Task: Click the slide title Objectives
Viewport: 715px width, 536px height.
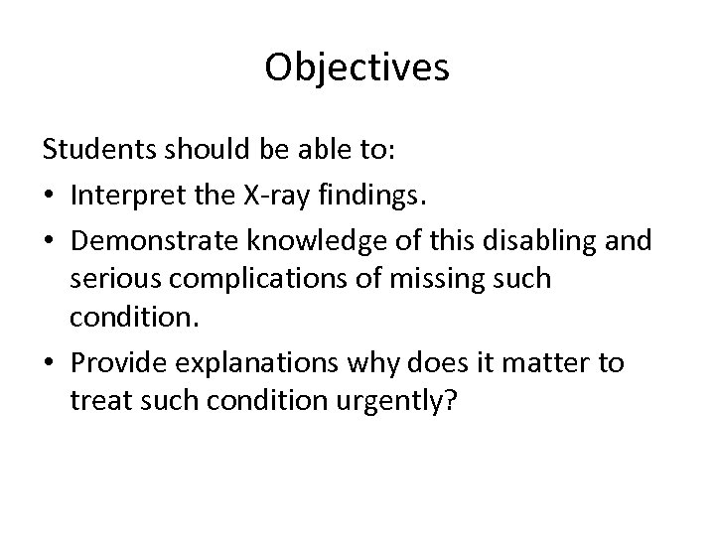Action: pos(357,67)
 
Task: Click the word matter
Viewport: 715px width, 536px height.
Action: pos(551,363)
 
